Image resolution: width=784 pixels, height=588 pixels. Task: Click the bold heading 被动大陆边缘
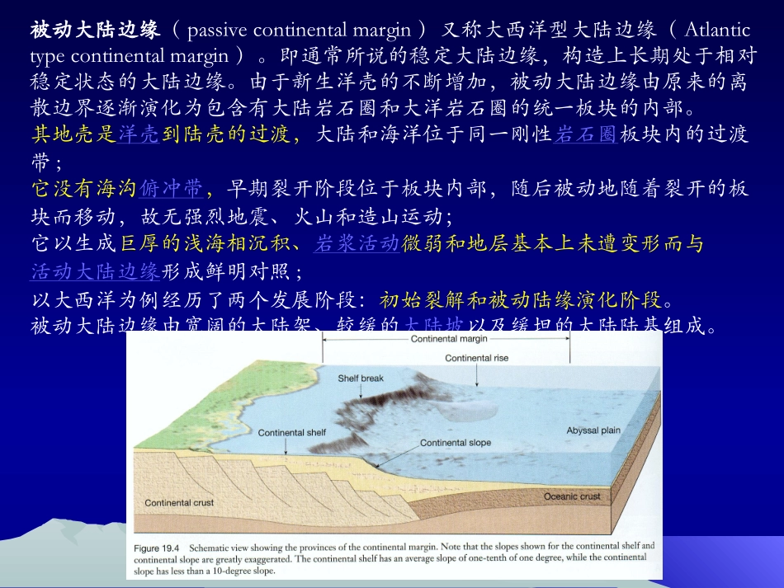coord(95,31)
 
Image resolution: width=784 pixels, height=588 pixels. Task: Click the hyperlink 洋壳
coord(139,136)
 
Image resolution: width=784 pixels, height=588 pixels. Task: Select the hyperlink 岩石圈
coord(587,136)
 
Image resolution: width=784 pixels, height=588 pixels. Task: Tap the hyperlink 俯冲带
coord(171,190)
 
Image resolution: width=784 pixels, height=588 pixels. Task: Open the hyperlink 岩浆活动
coord(358,243)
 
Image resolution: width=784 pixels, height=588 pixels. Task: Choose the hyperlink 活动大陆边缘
coord(95,271)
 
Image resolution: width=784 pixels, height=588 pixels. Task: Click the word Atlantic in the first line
coord(717,31)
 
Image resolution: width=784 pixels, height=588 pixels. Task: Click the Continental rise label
coord(476,358)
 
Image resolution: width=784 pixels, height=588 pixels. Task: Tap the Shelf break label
coord(361,379)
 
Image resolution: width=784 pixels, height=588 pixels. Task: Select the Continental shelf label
coord(291,432)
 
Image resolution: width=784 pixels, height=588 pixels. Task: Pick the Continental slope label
coord(456,443)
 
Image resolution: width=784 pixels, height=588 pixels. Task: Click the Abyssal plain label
coord(593,431)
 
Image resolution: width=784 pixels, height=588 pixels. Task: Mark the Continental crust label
coord(179,503)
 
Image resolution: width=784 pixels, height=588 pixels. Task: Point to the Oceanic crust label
coord(572,496)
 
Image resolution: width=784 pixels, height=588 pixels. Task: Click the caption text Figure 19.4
coord(157,547)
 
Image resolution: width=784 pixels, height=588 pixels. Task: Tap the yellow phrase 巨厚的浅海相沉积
coord(205,243)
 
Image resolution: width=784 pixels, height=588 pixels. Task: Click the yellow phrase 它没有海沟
coord(83,190)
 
